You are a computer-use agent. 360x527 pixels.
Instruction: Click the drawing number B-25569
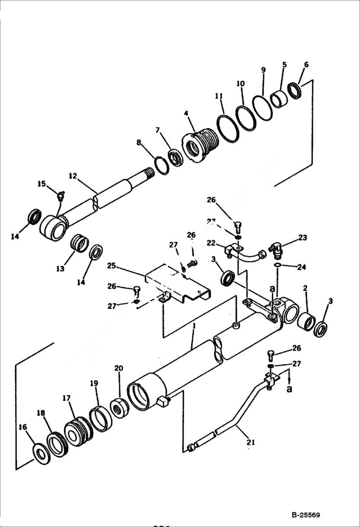tap(305, 515)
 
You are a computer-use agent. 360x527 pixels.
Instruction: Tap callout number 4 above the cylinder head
tap(186, 114)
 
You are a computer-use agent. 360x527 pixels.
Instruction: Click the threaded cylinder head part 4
tap(201, 144)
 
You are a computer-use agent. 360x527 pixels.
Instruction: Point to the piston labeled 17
tap(77, 431)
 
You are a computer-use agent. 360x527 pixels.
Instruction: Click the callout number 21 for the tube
tap(250, 442)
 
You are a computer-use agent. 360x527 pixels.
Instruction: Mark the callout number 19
tap(94, 383)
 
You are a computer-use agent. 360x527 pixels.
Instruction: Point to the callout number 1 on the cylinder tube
tap(193, 326)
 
